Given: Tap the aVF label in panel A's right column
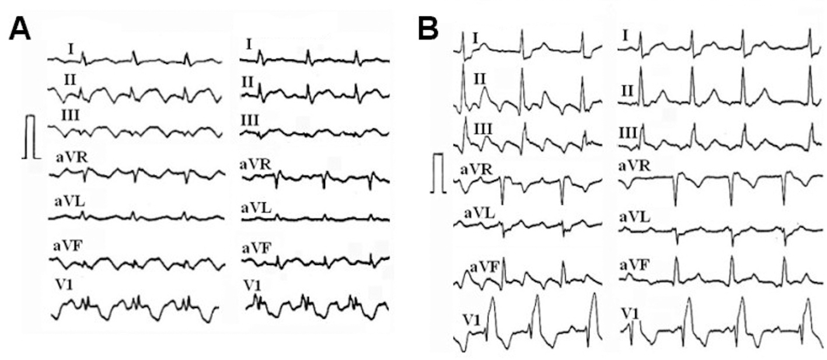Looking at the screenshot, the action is click(256, 249).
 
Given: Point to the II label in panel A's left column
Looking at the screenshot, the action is click(70, 79).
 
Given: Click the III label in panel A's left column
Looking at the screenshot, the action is click(69, 116).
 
